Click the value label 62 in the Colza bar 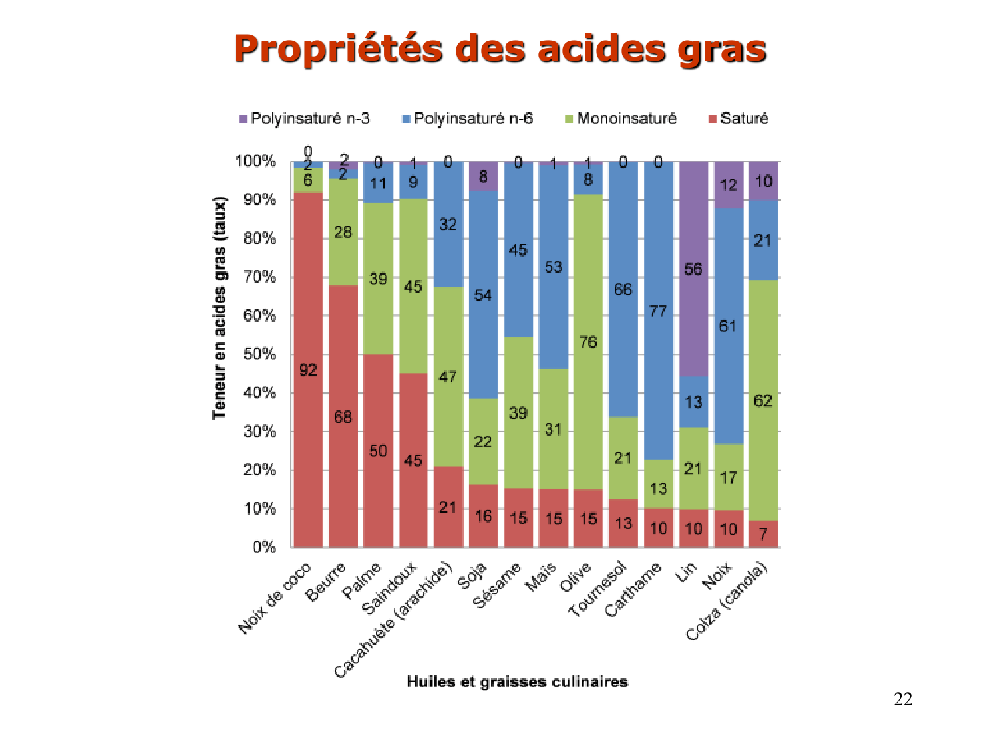[x=763, y=401]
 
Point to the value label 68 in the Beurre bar [x=343, y=417]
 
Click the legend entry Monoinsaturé [x=626, y=119]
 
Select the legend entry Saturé [x=744, y=119]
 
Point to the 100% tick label [x=255, y=162]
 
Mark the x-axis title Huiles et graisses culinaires [x=517, y=682]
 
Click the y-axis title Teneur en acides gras [x=219, y=308]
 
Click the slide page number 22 [x=903, y=699]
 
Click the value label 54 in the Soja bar [x=483, y=295]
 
